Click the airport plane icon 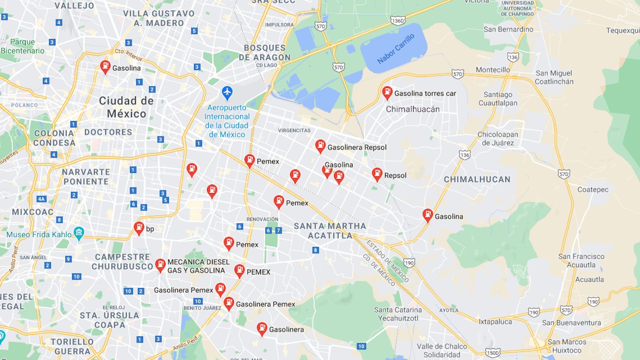(227, 92)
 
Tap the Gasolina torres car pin (387, 92)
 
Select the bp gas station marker (139, 228)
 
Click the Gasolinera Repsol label (356, 147)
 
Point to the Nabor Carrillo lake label (395, 49)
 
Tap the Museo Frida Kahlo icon (78, 233)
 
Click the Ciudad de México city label (126, 107)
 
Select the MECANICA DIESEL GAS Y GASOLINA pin (160, 265)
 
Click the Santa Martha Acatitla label (329, 230)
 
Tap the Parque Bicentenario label (22, 46)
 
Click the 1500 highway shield (492, 352)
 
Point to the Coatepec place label (593, 189)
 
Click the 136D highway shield (397, 20)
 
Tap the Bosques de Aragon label (264, 52)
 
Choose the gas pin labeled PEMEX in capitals (239, 270)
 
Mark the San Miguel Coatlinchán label (554, 77)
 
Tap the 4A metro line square (41, 199)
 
